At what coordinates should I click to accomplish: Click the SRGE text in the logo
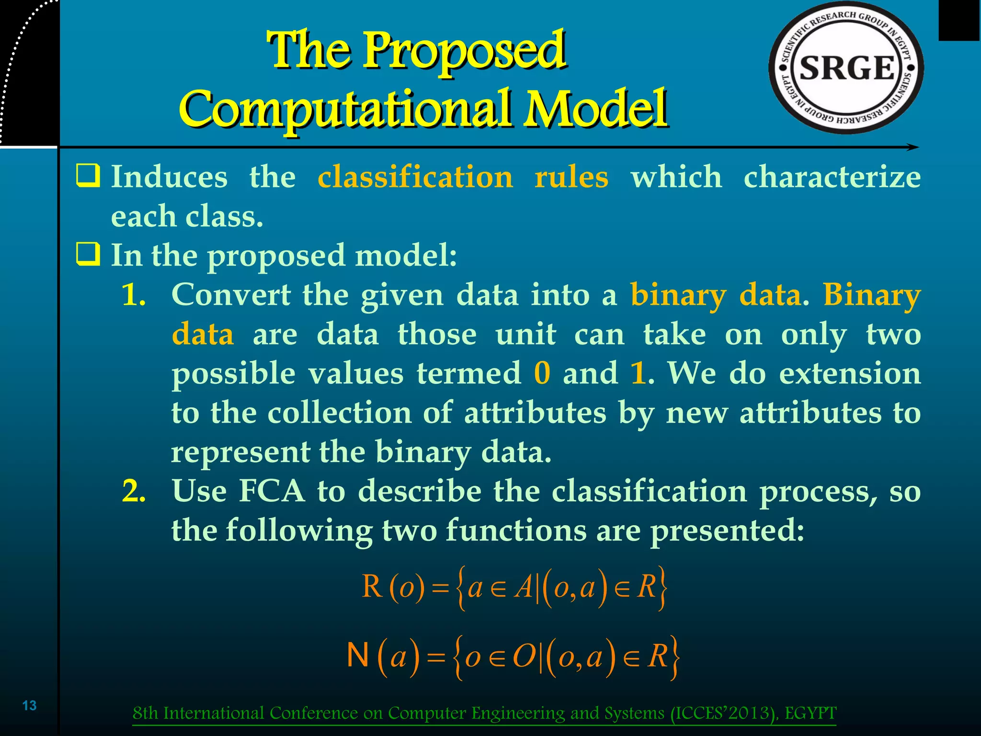click(847, 68)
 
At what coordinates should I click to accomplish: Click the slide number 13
click(30, 705)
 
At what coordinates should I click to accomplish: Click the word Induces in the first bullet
click(170, 177)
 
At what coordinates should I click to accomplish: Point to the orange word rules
click(571, 177)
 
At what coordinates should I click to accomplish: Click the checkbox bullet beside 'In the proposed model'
click(88, 254)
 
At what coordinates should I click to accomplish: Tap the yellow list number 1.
click(134, 294)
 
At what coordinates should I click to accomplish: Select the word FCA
click(272, 491)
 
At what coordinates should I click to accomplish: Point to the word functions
click(516, 530)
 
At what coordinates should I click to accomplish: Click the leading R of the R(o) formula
click(372, 586)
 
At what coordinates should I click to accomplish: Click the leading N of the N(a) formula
click(357, 655)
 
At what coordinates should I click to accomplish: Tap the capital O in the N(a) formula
click(524, 656)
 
